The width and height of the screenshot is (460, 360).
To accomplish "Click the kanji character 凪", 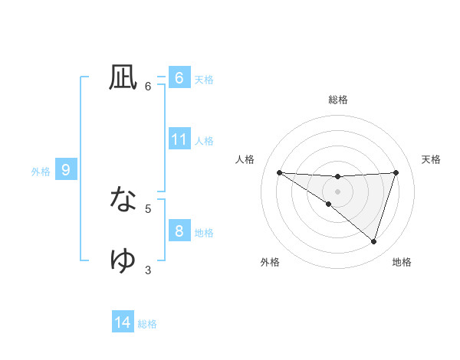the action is [x=123, y=77].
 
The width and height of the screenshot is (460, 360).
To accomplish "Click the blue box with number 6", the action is [x=179, y=78].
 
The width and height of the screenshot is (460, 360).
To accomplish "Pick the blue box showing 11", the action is [x=179, y=139].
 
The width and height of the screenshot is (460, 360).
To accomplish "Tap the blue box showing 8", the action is [x=179, y=231].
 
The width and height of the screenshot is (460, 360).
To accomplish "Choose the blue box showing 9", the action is [x=66, y=170].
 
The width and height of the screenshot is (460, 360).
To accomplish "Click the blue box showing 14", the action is [x=123, y=322].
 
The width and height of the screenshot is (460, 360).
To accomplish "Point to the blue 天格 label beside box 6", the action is [x=204, y=80].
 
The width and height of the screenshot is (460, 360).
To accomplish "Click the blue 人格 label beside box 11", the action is [x=204, y=141].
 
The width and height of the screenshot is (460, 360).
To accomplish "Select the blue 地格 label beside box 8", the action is [x=204, y=233].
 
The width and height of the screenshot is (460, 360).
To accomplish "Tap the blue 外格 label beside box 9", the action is [x=41, y=172].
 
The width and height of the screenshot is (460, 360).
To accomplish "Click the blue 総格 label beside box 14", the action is [x=147, y=324].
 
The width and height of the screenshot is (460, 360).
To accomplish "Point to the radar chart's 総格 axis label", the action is [x=337, y=100].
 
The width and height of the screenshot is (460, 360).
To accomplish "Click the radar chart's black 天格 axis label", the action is [x=432, y=159].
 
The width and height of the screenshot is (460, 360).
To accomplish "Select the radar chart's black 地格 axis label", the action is [x=402, y=262].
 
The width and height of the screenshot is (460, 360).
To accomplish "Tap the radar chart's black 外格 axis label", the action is [x=270, y=262].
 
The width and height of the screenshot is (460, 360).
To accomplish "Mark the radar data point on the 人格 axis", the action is [x=279, y=172].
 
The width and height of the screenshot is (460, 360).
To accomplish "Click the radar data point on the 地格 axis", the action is [x=373, y=241].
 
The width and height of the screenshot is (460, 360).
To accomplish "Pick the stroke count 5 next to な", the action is [x=148, y=208].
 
